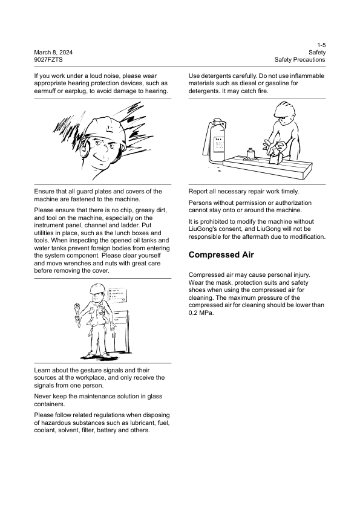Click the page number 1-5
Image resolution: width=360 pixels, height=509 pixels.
321,45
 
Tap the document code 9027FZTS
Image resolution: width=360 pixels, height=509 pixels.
49,60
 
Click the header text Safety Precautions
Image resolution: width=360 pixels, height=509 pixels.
299,60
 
